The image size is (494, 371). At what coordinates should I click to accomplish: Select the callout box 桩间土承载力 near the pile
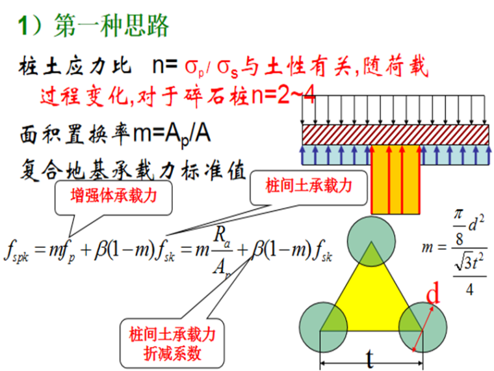click(x=309, y=187)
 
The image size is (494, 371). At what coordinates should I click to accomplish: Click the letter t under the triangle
click(x=370, y=357)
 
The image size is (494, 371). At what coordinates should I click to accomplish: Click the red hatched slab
click(x=395, y=135)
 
